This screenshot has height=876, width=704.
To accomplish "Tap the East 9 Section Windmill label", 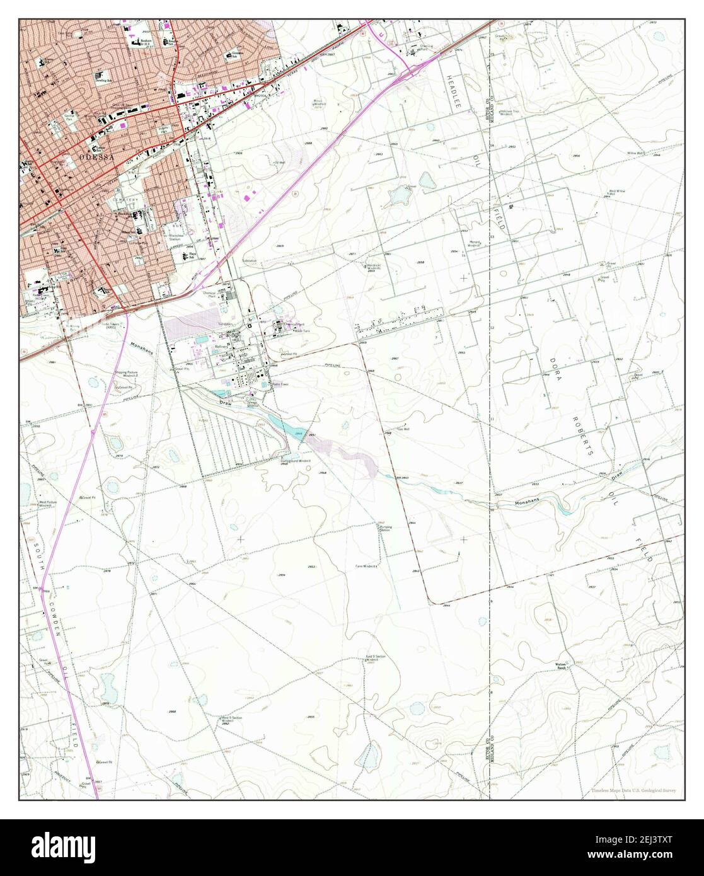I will [376, 658].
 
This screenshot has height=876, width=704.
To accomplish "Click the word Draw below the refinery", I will [225, 401].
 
